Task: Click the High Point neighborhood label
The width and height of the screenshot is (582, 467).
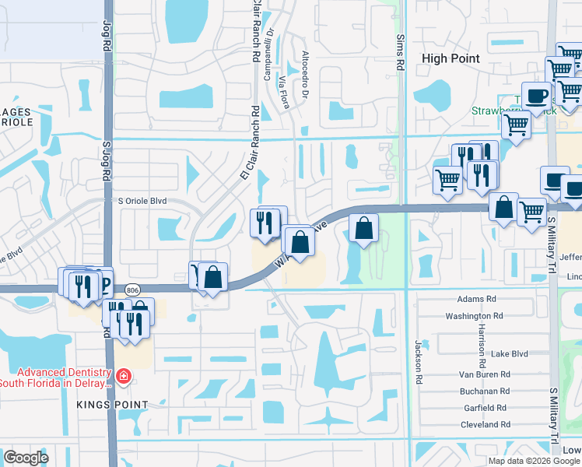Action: click(450, 58)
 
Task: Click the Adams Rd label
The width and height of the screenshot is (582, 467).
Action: click(476, 299)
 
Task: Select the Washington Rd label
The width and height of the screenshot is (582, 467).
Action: click(470, 316)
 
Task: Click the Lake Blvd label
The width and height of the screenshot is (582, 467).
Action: click(510, 353)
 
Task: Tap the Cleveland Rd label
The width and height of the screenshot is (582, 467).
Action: click(484, 425)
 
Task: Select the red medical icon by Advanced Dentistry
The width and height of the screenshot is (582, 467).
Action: click(123, 377)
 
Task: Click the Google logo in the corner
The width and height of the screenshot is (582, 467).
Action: click(26, 458)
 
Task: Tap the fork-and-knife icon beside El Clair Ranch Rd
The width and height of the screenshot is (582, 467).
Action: click(265, 223)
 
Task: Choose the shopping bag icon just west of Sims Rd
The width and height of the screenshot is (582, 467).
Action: click(363, 228)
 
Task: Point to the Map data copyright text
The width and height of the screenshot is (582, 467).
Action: click(534, 461)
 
